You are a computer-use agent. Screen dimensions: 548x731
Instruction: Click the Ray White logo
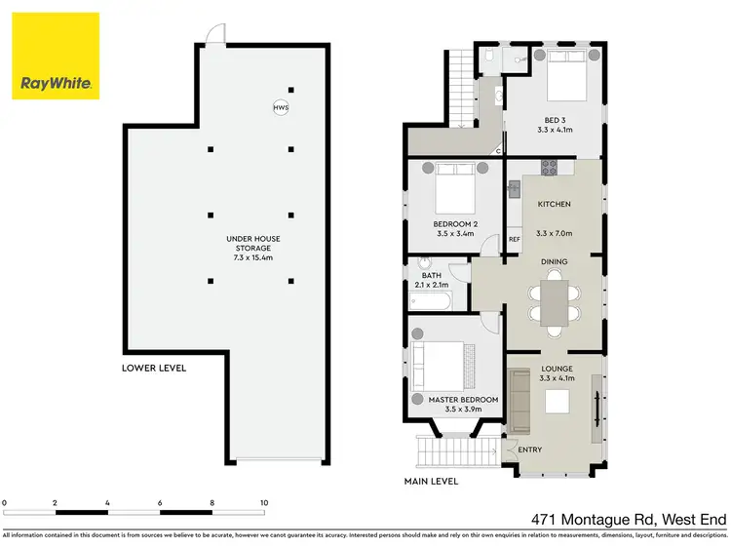pos(56,56)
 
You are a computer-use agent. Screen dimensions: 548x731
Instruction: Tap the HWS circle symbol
pos(281,107)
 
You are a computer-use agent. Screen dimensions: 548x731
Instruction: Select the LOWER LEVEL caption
pos(154,368)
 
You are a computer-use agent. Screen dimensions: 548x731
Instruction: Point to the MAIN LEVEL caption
pos(430,481)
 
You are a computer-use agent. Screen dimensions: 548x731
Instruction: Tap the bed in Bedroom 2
pos(454,189)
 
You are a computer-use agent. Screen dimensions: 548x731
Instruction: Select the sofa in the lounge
pos(519,405)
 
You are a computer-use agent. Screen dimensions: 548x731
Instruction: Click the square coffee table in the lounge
pos(558,402)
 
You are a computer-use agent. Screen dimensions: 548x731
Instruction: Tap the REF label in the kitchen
pos(515,239)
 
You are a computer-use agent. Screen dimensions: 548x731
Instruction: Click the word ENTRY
pos(530,450)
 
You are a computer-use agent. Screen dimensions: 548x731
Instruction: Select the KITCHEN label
pos(554,204)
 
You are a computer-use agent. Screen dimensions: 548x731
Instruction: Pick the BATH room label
pos(432,275)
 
